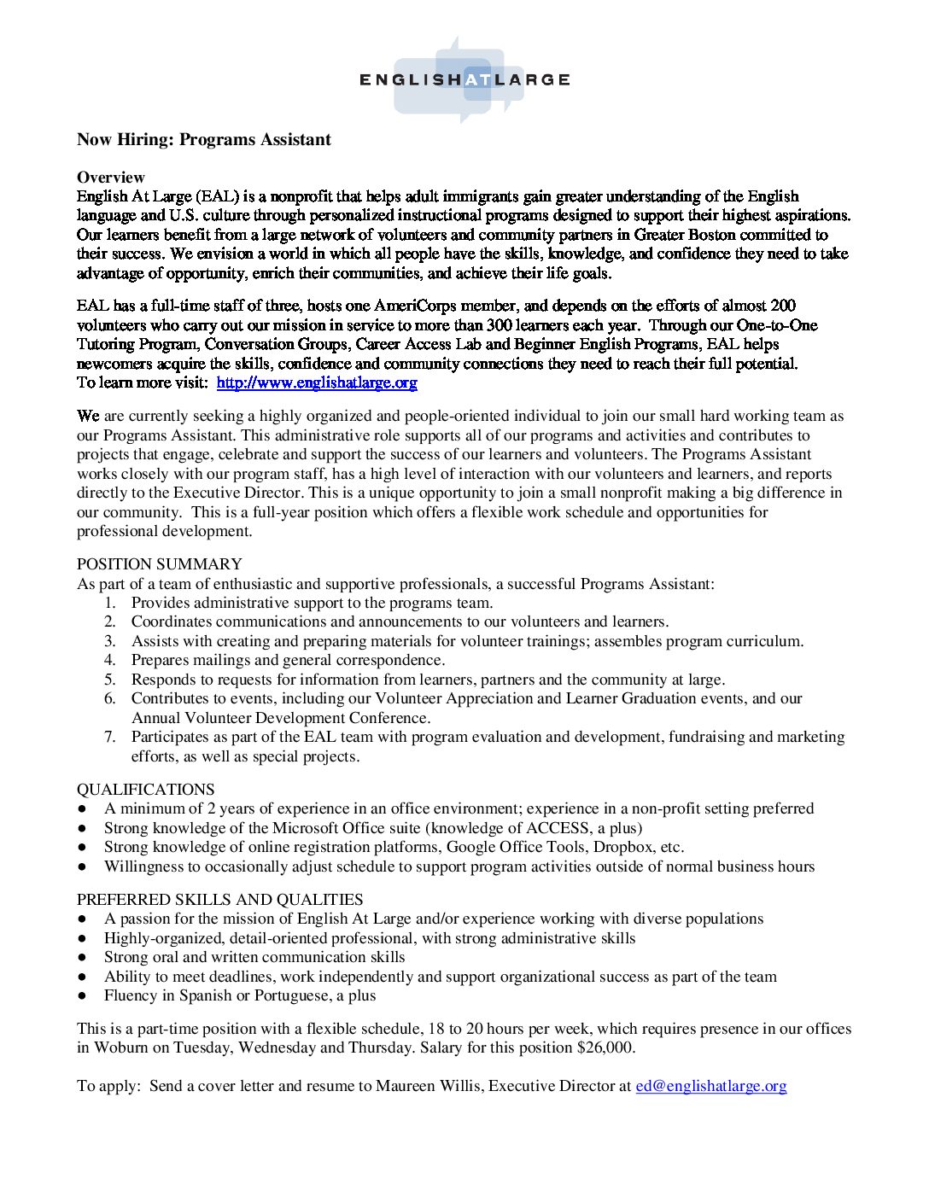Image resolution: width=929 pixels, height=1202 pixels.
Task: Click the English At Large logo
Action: [x=464, y=79]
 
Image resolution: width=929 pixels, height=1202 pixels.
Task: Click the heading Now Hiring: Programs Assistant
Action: [x=204, y=140]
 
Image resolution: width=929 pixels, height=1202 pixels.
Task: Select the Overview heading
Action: [x=111, y=178]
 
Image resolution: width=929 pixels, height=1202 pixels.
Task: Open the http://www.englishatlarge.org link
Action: [x=317, y=382]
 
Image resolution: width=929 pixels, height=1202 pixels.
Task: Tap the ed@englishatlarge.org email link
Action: [x=710, y=1086]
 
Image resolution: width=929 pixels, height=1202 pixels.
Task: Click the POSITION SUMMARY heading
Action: [x=160, y=564]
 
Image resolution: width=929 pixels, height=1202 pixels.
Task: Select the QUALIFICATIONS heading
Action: [x=146, y=790]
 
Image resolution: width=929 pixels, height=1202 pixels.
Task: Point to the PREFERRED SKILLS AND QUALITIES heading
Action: [x=220, y=900]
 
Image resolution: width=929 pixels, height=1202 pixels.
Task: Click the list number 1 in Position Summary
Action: [x=110, y=603]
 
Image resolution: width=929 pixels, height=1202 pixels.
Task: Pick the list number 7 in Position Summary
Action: [x=110, y=737]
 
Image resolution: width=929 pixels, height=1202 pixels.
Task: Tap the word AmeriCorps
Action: [x=415, y=306]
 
